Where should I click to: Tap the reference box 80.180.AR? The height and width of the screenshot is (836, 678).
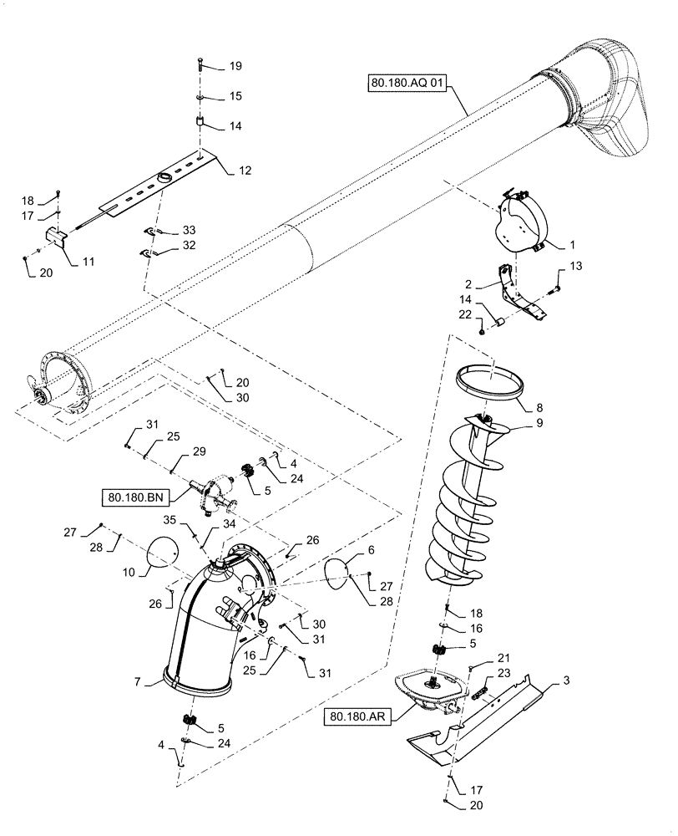coord(359,716)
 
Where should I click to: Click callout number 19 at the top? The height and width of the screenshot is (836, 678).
coord(235,65)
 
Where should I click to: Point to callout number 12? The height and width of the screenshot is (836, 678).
coord(245,170)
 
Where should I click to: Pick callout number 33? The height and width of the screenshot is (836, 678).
coord(190,230)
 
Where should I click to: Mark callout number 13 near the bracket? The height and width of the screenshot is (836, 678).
coord(577,266)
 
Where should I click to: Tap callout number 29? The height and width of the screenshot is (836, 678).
coord(199,451)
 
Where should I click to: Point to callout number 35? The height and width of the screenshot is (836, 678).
coord(169,519)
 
